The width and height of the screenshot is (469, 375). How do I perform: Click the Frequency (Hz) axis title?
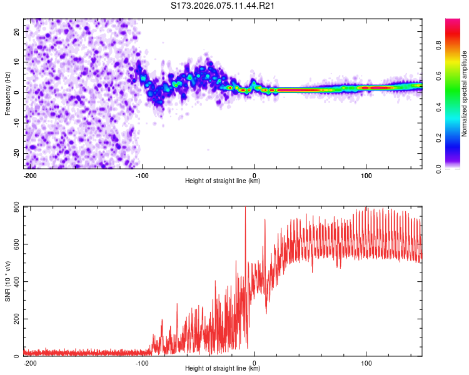(x=8, y=94)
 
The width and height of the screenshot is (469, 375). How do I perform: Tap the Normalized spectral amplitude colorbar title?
(x=465, y=94)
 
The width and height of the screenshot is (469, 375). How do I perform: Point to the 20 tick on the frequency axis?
(x=17, y=31)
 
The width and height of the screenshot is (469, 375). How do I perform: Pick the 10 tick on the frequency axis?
(x=17, y=62)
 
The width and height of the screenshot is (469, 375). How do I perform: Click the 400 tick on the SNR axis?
(x=14, y=282)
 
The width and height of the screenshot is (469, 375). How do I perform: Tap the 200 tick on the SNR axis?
(x=14, y=319)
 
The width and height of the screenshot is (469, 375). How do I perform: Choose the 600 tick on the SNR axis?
(x=14, y=244)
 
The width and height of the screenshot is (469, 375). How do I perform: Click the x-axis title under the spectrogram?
(x=223, y=181)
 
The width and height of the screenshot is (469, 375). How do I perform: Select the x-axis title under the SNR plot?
(x=223, y=369)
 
